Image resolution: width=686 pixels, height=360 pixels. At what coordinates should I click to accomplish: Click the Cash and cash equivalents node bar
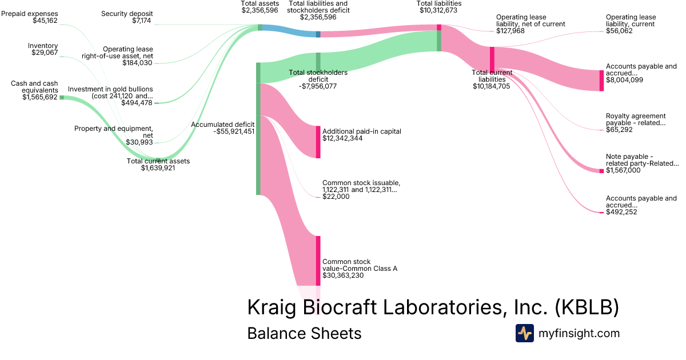coord(62,98)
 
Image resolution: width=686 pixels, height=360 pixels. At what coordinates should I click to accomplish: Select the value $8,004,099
coord(624,80)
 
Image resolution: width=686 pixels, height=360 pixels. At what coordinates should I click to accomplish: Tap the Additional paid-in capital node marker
coord(318,142)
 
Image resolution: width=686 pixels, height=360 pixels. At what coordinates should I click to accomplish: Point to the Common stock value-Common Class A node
coord(318,261)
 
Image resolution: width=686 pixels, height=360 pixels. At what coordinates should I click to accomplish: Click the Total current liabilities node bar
coord(492,59)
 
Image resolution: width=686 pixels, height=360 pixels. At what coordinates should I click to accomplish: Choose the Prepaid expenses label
coord(30,14)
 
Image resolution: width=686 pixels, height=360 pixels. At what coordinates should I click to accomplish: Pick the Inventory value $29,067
coord(45,53)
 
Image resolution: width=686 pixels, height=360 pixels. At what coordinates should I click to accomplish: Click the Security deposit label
coord(126,14)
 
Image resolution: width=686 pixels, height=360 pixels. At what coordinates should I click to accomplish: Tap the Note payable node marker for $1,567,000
coord(601,171)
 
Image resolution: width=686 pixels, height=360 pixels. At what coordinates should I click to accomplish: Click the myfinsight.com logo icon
coord(525,333)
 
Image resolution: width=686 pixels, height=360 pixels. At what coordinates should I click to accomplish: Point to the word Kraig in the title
coord(272,307)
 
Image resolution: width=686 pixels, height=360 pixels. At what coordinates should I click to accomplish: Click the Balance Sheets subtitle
coord(304,333)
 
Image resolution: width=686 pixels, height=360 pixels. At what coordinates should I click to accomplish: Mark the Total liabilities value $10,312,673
coord(439,10)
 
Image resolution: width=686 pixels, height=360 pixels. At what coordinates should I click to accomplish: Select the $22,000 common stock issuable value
coord(336,197)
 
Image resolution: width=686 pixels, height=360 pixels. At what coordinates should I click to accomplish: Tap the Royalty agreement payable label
coord(636,119)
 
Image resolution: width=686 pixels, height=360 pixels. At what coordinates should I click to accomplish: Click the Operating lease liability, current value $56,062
coord(624,31)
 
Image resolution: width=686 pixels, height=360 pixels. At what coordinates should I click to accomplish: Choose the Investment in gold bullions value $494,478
coord(137,103)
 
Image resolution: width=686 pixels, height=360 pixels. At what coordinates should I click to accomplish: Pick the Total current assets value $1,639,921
coord(158,168)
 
